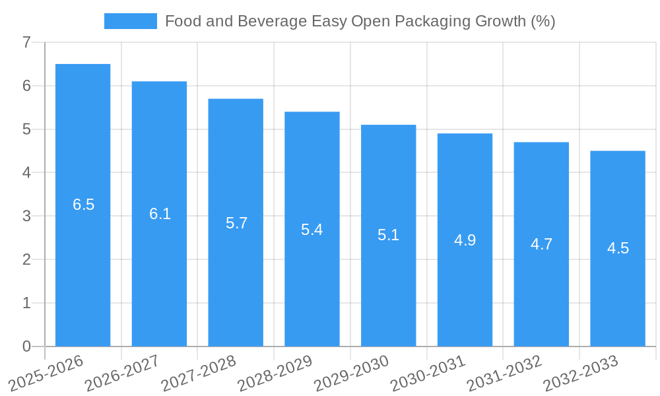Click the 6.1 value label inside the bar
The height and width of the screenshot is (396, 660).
[x=160, y=214]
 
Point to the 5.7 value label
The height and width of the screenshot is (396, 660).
[x=236, y=223]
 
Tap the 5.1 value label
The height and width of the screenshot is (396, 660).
[x=388, y=235]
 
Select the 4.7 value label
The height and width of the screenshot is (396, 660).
[x=541, y=244]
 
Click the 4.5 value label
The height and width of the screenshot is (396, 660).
[x=618, y=248]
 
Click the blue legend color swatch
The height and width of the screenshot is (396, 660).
[x=130, y=21]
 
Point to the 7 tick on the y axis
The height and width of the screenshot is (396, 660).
[x=26, y=43]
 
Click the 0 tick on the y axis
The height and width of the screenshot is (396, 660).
[x=26, y=346]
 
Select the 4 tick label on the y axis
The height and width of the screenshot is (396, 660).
[x=26, y=173]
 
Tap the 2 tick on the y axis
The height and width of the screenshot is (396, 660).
[x=26, y=259]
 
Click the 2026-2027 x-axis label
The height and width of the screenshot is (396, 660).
[x=123, y=372]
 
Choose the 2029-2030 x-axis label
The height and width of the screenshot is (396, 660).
[x=352, y=372]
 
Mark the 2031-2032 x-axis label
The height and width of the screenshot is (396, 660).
[x=504, y=372]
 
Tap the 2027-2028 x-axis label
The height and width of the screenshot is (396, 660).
[x=199, y=372]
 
